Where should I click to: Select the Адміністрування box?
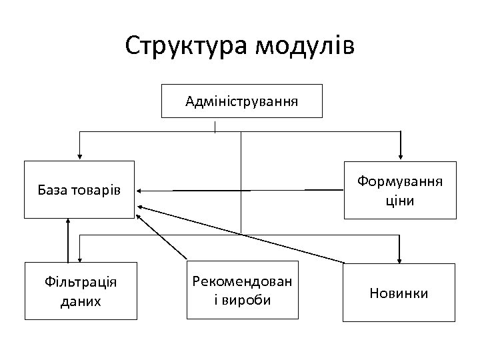click(x=242, y=101)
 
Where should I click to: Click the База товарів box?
click(x=79, y=191)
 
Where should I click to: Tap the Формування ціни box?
click(x=400, y=191)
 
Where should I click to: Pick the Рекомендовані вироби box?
click(x=241, y=291)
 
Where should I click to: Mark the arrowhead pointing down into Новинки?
click(x=399, y=259)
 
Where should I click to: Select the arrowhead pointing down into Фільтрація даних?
click(x=80, y=259)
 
